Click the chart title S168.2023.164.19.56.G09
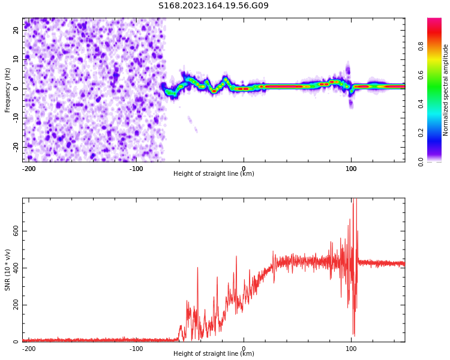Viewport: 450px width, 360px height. [x=213, y=6]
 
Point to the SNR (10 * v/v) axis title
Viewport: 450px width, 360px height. [x=8, y=270]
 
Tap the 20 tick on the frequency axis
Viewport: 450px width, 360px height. [x=16, y=30]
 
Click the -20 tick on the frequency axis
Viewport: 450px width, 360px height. [x=16, y=146]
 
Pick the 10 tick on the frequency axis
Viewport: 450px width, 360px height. [x=16, y=59]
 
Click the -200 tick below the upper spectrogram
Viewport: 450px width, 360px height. [x=29, y=169]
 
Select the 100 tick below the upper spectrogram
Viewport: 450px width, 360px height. [x=351, y=169]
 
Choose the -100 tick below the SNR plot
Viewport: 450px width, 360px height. [x=136, y=349]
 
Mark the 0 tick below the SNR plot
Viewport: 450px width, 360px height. [x=244, y=349]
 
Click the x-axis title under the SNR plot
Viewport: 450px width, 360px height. [x=214, y=354]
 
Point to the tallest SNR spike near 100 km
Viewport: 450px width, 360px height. [x=355, y=201]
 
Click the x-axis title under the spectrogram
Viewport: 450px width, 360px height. [x=214, y=174]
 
